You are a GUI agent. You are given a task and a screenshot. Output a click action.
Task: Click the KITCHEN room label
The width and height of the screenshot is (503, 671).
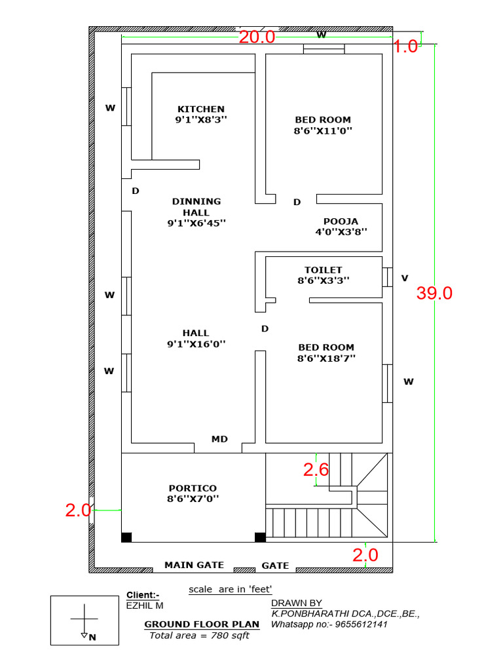point(201,109)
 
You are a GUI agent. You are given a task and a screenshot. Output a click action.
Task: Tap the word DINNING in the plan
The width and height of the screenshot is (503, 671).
point(196,201)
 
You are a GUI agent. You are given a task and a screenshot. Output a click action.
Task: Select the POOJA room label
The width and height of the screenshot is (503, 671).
point(341,221)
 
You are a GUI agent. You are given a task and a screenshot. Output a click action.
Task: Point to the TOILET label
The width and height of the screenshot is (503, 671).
point(323,270)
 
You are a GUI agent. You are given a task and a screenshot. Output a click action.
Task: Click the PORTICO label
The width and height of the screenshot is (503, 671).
point(193,488)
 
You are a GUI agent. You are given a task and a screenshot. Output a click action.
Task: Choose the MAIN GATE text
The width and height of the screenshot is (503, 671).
point(194,565)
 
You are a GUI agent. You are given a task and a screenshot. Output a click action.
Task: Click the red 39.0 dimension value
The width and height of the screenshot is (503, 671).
point(434,293)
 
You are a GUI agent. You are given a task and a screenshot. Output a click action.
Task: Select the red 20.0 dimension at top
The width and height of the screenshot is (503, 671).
point(257,37)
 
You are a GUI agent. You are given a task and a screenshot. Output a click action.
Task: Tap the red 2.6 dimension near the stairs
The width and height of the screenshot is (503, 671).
point(316,469)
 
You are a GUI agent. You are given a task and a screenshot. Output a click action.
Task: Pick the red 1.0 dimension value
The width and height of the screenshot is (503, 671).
point(405,46)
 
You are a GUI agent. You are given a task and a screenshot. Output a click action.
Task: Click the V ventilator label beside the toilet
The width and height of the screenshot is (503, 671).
point(405,278)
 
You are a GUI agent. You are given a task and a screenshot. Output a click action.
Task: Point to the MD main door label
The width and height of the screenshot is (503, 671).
point(219,439)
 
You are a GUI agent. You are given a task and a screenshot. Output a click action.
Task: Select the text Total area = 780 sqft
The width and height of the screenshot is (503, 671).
point(200,636)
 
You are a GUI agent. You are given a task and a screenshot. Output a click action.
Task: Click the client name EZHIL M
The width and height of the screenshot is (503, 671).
point(145,606)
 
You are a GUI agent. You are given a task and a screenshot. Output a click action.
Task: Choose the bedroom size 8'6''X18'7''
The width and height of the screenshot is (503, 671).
point(326,358)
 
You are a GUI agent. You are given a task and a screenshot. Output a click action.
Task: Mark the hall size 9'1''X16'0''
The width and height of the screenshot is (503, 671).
point(196,343)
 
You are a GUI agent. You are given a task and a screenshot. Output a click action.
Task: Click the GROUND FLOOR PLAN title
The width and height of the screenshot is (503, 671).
point(202,624)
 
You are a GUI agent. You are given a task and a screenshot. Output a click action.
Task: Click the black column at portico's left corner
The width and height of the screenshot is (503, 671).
point(126,537)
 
